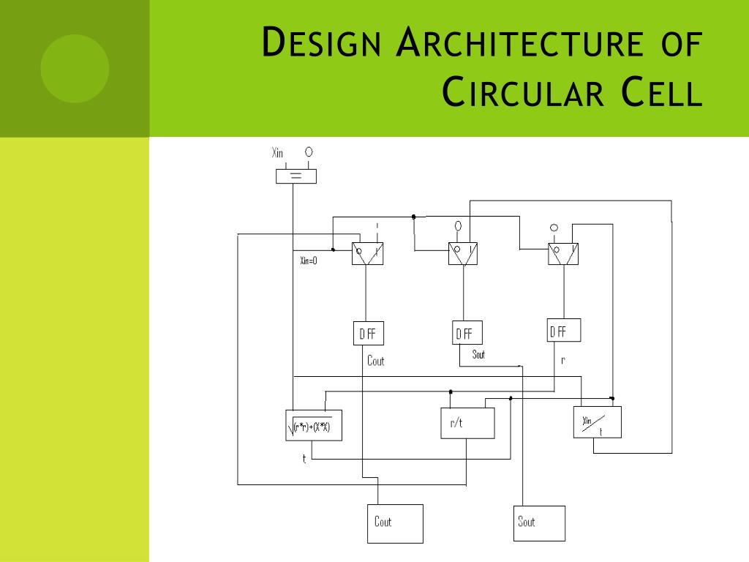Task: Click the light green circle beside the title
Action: coord(75,68)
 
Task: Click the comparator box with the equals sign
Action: coord(296,176)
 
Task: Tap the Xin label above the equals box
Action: coord(277,153)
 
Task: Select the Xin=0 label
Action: coord(309,261)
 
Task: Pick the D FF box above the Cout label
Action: coord(367,334)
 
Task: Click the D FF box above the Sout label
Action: coord(467,334)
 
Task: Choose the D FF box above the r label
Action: coord(563,331)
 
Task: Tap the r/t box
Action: coord(467,424)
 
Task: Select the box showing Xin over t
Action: coord(597,422)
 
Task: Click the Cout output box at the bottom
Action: coord(394,523)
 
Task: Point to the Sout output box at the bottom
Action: coord(540,523)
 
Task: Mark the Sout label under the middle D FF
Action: coord(478,355)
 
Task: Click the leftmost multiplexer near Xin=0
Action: coord(367,253)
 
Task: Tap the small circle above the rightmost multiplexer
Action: coord(554,228)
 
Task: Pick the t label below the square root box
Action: coord(304,459)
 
